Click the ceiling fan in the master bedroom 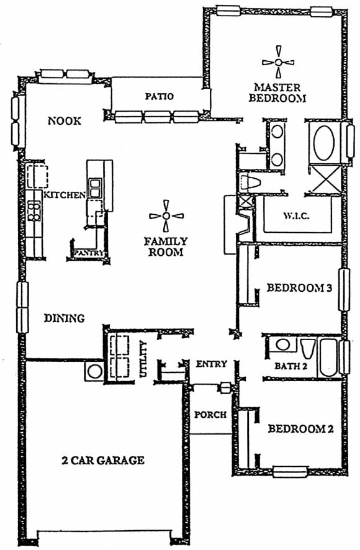point(278,62)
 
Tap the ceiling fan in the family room point(166,216)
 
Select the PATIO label point(160,96)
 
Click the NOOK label point(65,121)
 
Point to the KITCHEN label point(65,195)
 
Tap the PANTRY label point(88,253)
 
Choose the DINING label point(64,318)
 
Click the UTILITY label point(143,359)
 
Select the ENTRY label point(211,364)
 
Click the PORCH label point(210,415)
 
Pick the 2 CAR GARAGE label point(103,460)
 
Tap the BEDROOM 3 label point(299,288)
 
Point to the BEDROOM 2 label point(300,428)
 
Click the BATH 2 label point(291,366)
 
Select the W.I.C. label point(297,216)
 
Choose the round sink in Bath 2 point(282,345)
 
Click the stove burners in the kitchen point(34,210)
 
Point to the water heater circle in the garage point(95,371)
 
